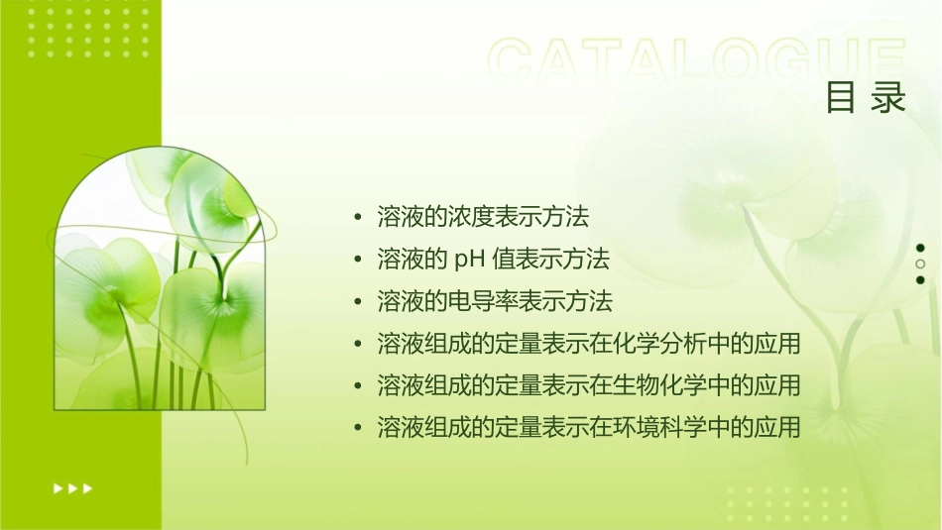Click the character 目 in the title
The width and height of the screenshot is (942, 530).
click(841, 99)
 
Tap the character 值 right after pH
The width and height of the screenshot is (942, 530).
click(502, 260)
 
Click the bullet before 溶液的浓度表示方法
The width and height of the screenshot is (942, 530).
click(358, 217)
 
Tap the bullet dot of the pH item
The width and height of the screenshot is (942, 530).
click(358, 260)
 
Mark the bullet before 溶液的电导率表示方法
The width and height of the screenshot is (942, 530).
click(358, 301)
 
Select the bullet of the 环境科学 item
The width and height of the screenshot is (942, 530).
click(358, 428)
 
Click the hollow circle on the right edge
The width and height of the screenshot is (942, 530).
click(920, 265)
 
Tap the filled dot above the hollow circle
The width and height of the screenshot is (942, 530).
click(920, 248)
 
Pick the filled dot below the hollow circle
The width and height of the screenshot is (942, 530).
click(920, 280)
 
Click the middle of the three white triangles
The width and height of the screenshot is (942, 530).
click(73, 488)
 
